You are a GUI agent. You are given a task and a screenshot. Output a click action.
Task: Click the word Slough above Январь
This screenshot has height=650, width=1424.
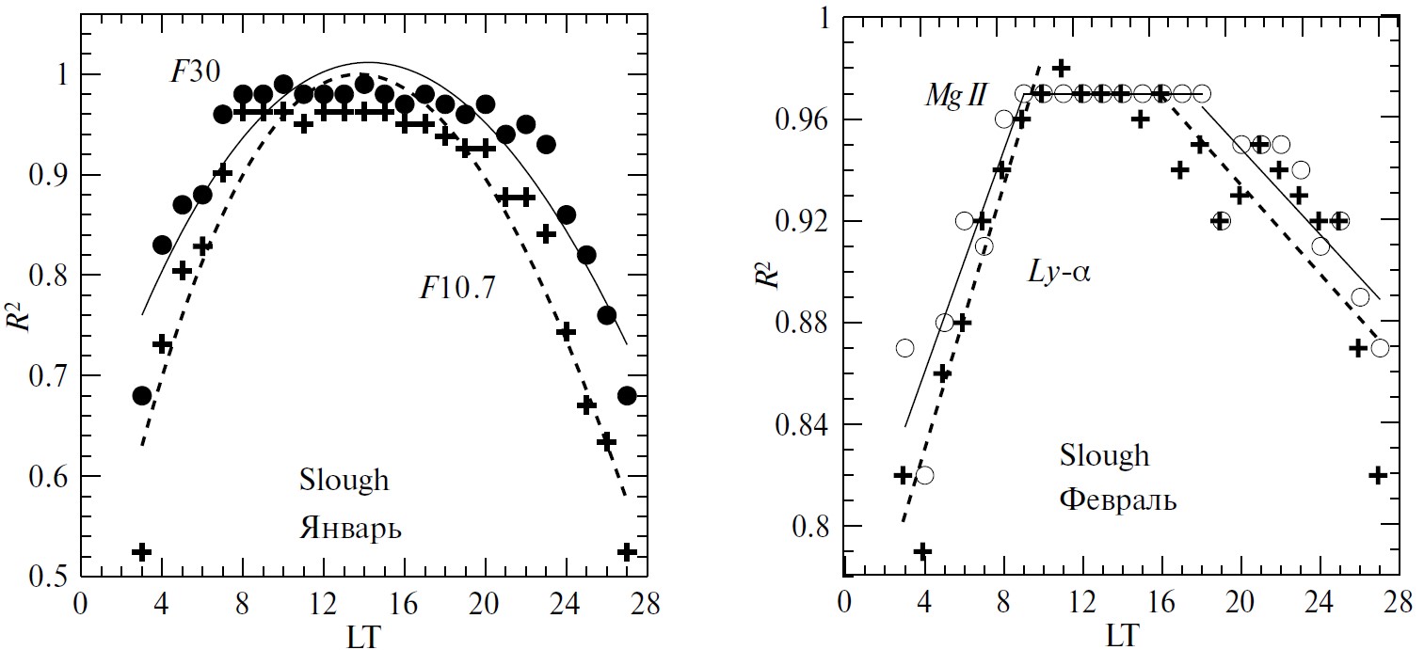coord(344,480)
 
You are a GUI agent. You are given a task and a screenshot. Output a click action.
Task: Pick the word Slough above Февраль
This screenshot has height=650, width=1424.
coord(1104,455)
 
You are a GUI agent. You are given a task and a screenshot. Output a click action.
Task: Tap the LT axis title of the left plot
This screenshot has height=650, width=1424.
coord(361,635)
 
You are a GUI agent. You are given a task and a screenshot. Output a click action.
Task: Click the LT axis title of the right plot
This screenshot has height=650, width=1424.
coord(1121,635)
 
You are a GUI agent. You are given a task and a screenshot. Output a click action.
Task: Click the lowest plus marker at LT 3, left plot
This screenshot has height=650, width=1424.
coord(142,551)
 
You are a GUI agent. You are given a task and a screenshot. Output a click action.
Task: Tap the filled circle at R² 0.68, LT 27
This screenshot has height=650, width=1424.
coord(627,395)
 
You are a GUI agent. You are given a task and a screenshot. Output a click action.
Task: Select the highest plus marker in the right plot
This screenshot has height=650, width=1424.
coord(1062,68)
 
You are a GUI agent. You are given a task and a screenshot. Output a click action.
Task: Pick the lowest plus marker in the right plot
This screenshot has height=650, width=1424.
coord(923,551)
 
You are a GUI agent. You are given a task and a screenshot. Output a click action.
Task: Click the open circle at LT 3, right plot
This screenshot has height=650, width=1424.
coord(904,348)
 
